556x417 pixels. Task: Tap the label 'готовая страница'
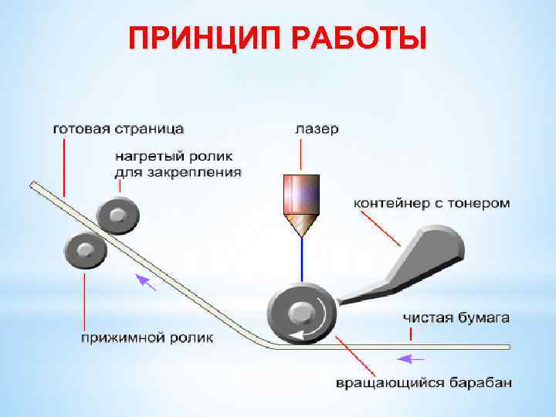[x=117, y=127]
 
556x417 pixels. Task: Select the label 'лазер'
[x=316, y=129]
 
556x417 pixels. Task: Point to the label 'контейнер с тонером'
[x=432, y=203]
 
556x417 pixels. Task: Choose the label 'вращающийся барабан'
[x=422, y=382]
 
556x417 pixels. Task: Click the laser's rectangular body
[x=302, y=193]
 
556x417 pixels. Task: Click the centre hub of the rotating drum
[x=300, y=313]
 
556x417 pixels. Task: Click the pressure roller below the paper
[x=84, y=251]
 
